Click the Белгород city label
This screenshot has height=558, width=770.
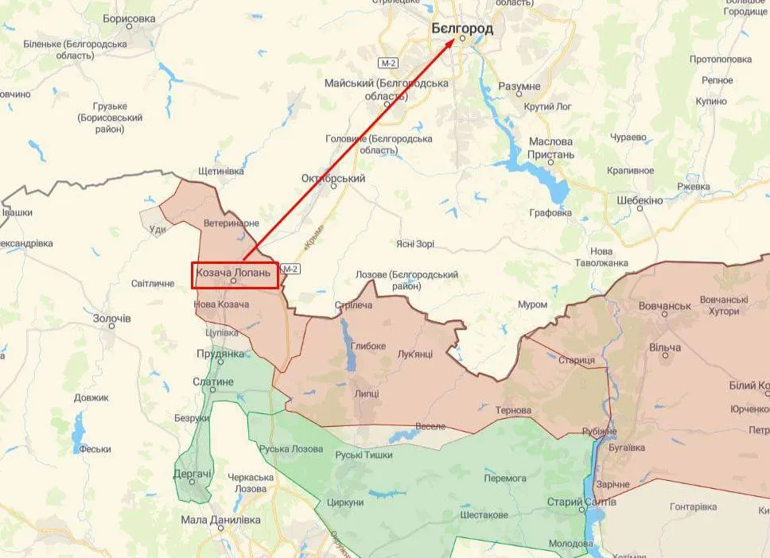tap(461, 29)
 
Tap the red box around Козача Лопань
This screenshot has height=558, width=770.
tap(235, 274)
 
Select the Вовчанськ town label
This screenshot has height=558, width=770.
tap(665, 305)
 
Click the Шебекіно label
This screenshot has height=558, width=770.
tap(640, 200)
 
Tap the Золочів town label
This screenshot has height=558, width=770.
tap(112, 318)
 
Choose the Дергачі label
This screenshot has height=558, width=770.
tap(193, 475)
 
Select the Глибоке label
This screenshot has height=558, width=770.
tap(367, 346)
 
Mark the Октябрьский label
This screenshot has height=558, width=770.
tap(333, 179)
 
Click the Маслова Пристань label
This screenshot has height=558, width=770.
tap(551, 148)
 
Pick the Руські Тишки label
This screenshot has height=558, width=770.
tap(364, 455)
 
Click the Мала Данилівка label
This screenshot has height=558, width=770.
tap(220, 519)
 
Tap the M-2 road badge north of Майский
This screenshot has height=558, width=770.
tap(387, 62)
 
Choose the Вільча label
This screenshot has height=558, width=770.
tap(665, 348)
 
